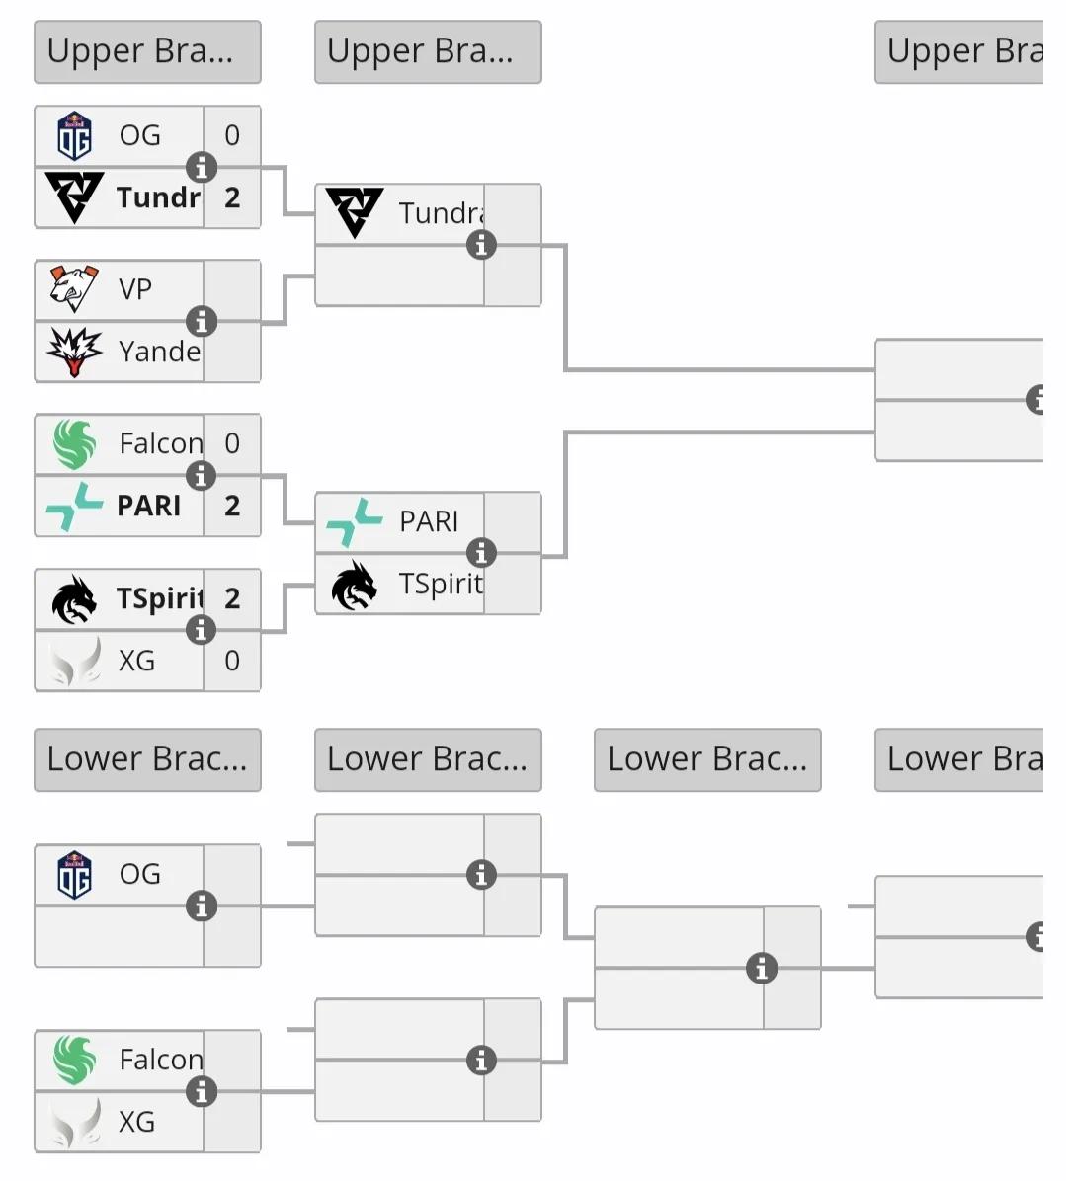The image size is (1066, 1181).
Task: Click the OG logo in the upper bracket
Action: point(74,136)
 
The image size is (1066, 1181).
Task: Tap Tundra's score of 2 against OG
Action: point(232,197)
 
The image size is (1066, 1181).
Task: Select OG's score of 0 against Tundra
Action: point(232,135)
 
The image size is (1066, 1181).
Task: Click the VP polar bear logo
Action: point(74,288)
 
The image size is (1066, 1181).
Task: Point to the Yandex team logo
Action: point(74,352)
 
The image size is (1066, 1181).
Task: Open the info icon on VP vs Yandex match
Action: point(202,321)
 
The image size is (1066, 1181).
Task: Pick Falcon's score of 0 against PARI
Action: point(232,443)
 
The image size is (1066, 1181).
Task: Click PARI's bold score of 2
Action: point(232,506)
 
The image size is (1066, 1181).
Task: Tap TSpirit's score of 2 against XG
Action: point(232,598)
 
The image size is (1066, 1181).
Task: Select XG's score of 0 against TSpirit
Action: point(232,661)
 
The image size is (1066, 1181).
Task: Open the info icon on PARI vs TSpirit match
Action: point(481,553)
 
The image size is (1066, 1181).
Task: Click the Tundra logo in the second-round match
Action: point(354,213)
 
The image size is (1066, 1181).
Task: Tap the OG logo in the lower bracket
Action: point(74,875)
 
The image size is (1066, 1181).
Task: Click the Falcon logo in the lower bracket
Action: point(74,1060)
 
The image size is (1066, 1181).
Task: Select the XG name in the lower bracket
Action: point(137,1122)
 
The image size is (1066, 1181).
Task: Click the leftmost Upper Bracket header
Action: point(147,51)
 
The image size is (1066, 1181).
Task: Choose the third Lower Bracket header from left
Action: point(707,759)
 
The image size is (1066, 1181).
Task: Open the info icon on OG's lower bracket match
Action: point(202,905)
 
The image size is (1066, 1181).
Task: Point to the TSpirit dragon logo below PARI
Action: point(354,585)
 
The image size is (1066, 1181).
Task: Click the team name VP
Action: point(135,289)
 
